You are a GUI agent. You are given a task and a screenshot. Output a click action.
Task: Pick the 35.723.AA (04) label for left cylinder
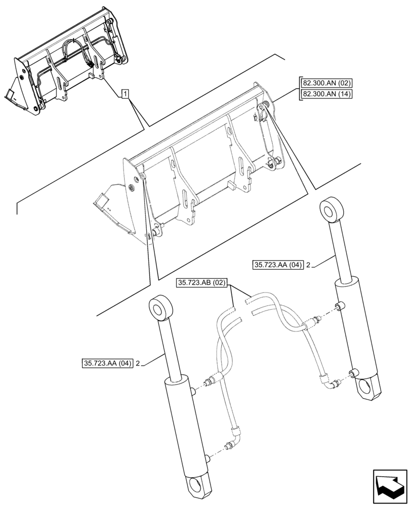106,363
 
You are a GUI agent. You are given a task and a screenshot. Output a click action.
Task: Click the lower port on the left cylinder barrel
208,458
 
